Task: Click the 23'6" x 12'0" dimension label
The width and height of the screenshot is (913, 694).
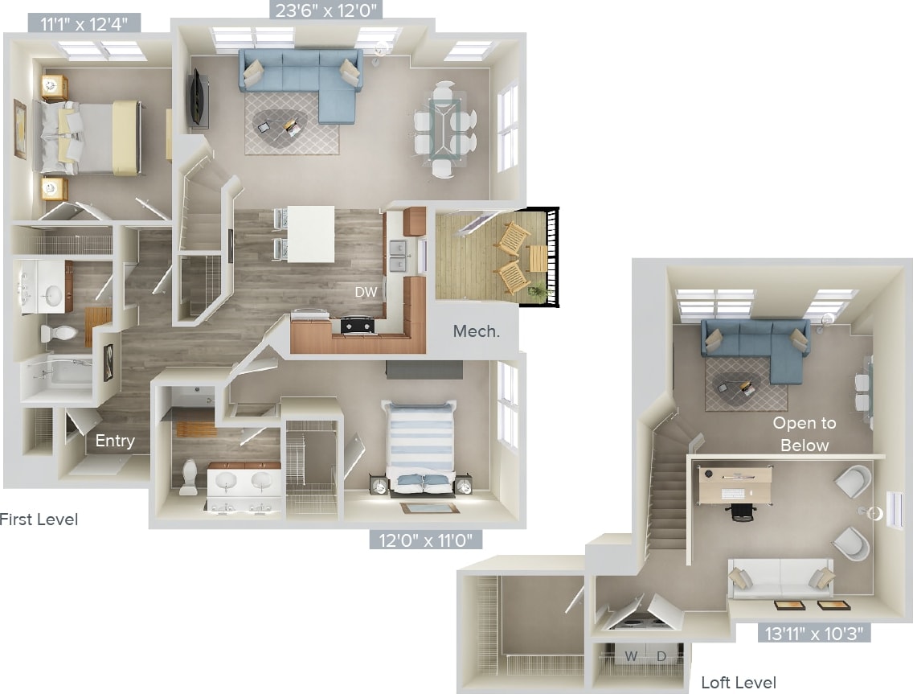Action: tap(325, 10)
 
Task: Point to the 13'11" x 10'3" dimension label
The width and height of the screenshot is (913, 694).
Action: tap(814, 632)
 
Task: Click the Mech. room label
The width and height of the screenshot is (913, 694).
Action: tap(477, 331)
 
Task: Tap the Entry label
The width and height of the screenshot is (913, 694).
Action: tap(115, 441)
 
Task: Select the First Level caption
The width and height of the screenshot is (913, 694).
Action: tap(38, 519)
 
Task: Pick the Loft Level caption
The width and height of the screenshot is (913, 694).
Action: tap(739, 683)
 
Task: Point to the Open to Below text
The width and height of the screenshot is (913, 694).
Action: tap(804, 434)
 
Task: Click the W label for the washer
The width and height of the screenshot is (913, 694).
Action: tap(632, 657)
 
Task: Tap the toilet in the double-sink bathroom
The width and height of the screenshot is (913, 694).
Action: tap(189, 476)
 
